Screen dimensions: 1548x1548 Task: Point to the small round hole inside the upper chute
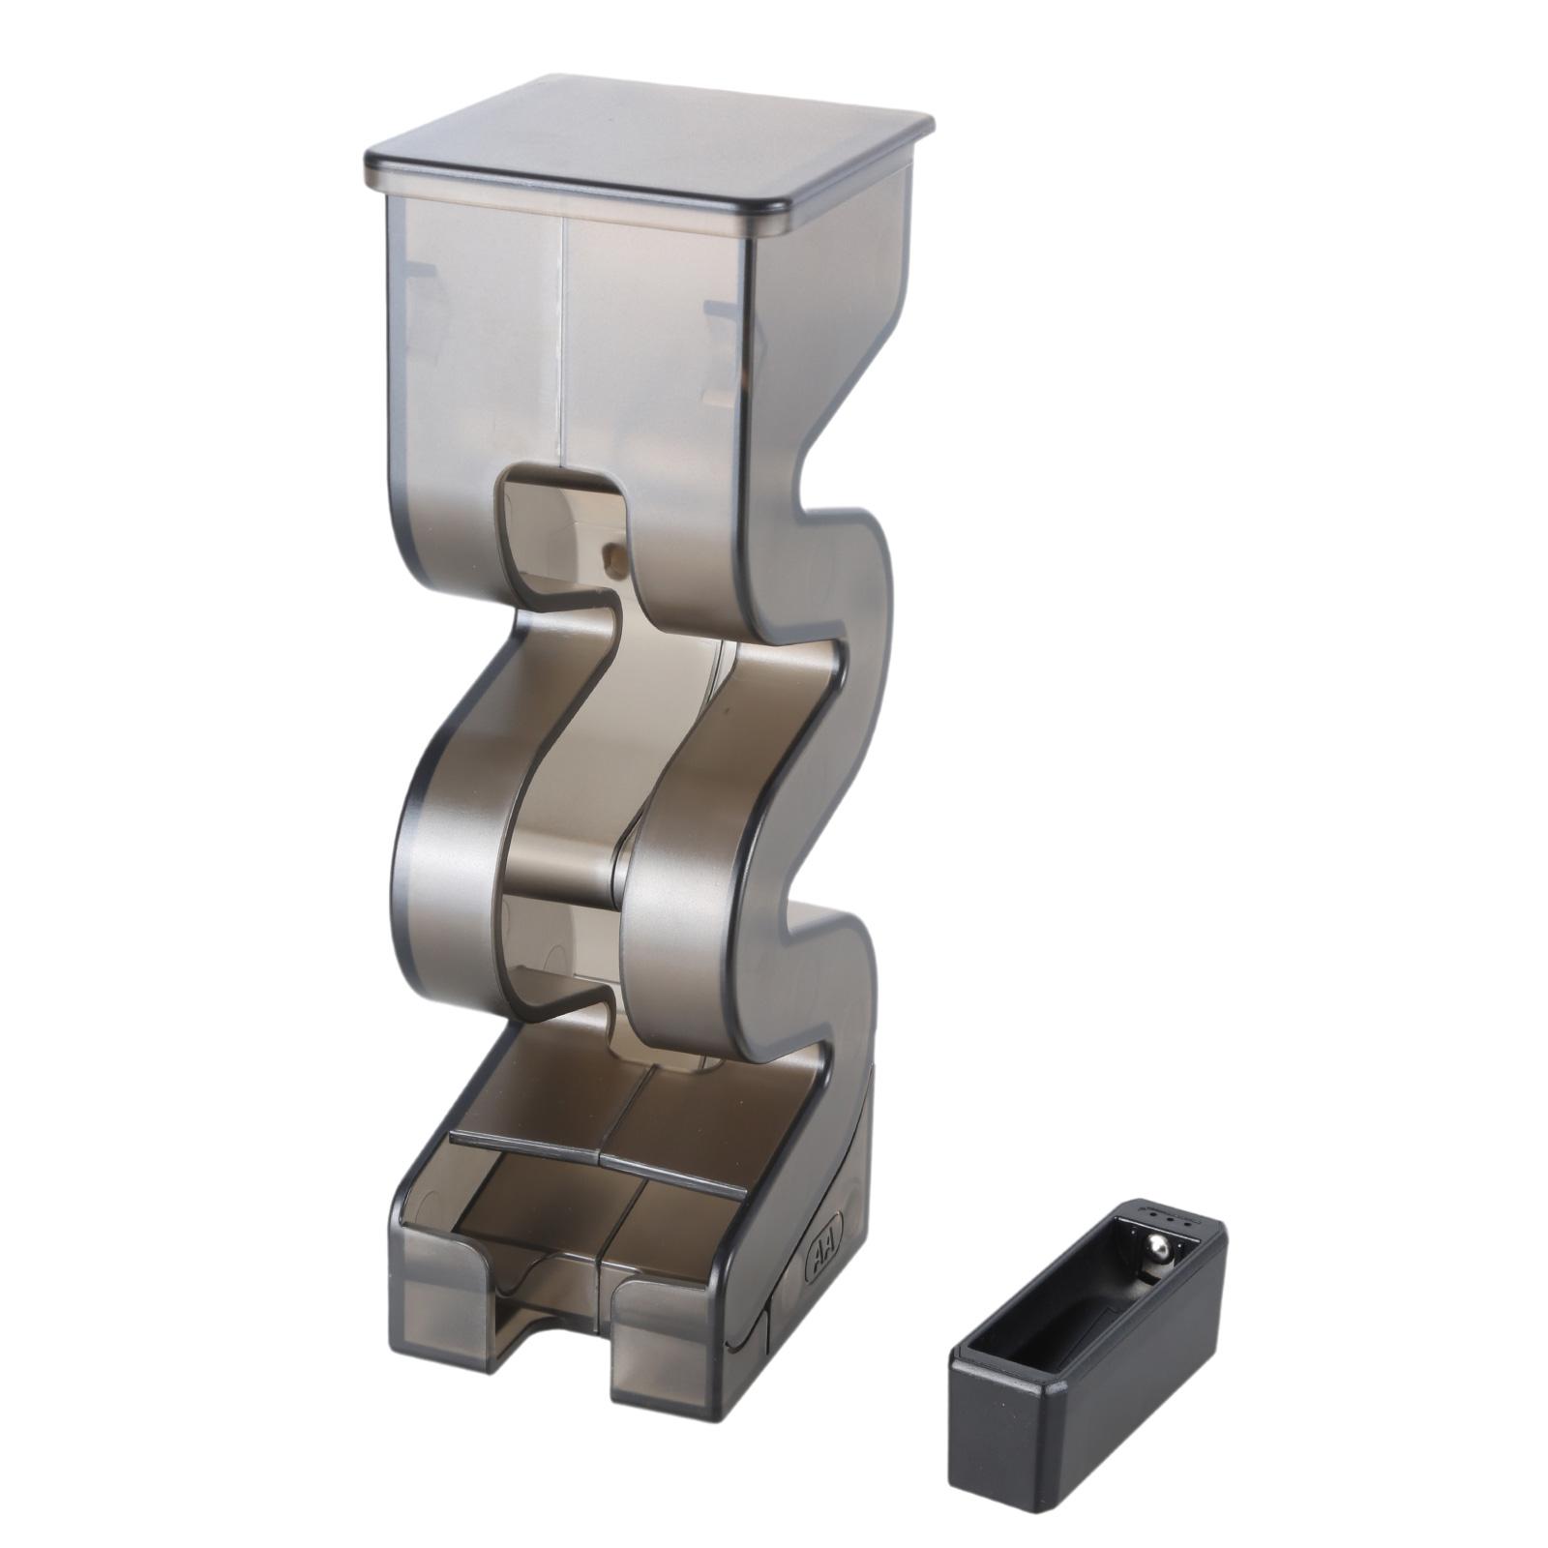(x=612, y=554)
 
